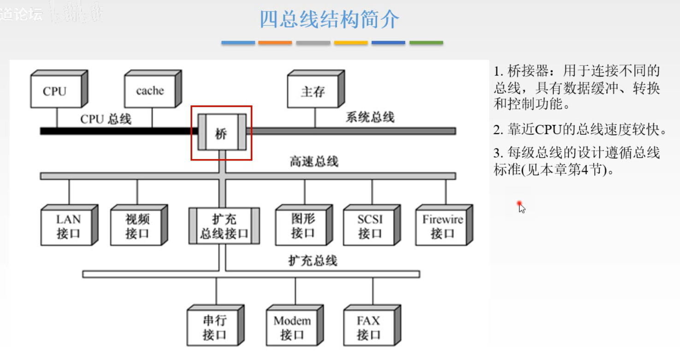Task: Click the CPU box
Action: point(55,91)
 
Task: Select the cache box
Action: point(150,91)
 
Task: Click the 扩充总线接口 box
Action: point(224,226)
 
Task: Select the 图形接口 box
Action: point(302,226)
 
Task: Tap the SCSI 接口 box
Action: point(370,226)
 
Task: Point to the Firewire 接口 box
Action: point(442,226)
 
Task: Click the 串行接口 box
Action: point(214,327)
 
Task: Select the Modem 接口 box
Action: point(292,327)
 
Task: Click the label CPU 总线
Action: point(106,119)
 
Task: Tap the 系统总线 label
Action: point(370,117)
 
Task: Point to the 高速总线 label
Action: point(313,161)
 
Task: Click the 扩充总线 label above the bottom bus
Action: point(313,261)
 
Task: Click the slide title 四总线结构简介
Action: point(329,19)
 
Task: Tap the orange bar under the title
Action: point(275,43)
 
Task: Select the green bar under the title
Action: point(426,43)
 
